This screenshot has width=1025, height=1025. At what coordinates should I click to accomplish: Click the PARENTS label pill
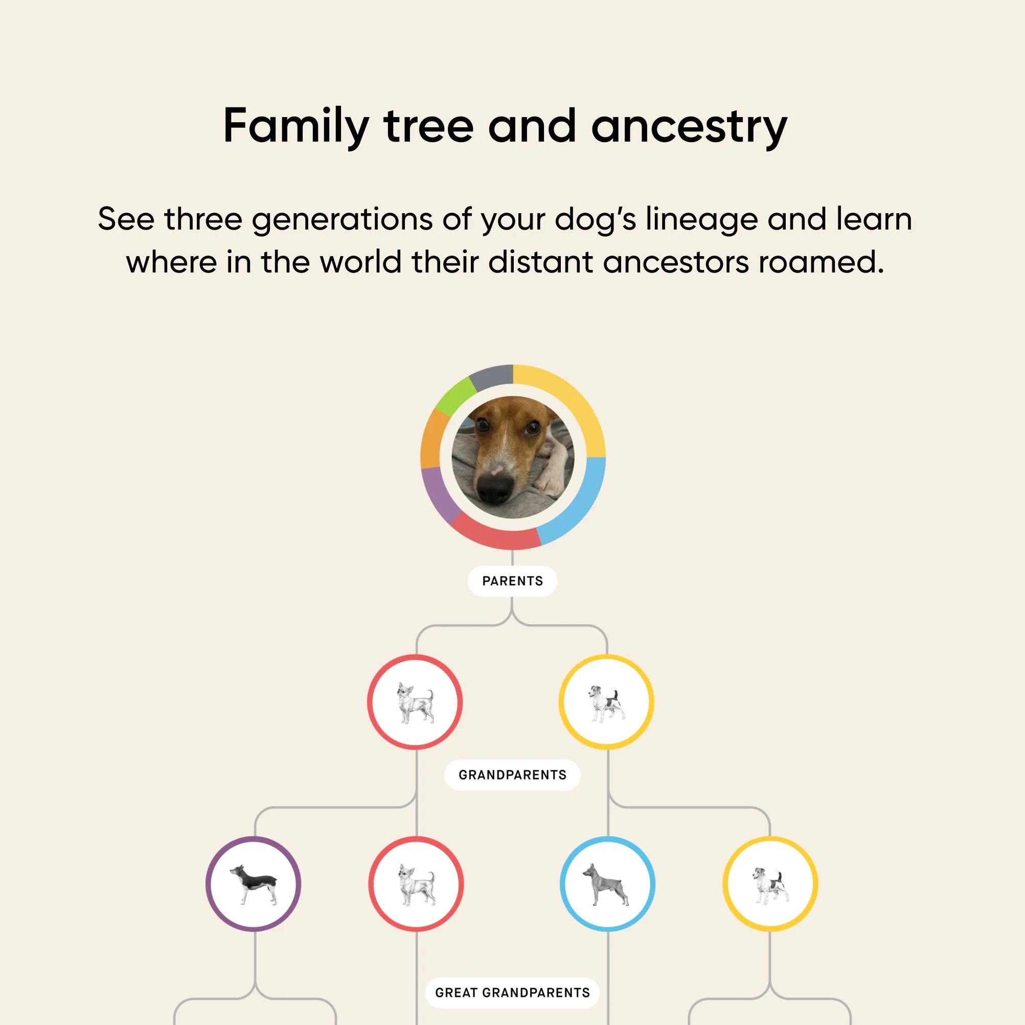(x=512, y=581)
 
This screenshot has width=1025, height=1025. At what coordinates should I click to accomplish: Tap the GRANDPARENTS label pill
(x=512, y=775)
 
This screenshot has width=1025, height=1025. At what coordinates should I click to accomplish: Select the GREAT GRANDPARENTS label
(x=512, y=993)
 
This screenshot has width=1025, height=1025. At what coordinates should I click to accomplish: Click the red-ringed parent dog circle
(x=416, y=702)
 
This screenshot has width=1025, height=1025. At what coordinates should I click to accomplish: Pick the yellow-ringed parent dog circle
(x=606, y=702)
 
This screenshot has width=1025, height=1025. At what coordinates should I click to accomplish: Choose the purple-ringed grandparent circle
(x=254, y=884)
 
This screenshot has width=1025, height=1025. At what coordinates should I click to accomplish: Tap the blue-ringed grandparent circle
(x=607, y=884)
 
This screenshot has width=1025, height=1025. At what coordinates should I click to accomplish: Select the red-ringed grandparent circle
(x=417, y=884)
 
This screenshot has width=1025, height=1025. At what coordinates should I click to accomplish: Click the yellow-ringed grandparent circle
(x=770, y=884)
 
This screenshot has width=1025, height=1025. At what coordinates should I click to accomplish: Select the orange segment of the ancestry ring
(x=431, y=438)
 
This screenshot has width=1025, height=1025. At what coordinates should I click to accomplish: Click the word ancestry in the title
(x=689, y=127)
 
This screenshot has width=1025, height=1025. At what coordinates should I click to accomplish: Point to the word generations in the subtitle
(x=342, y=220)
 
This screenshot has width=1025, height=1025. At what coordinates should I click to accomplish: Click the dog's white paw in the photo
(x=552, y=480)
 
